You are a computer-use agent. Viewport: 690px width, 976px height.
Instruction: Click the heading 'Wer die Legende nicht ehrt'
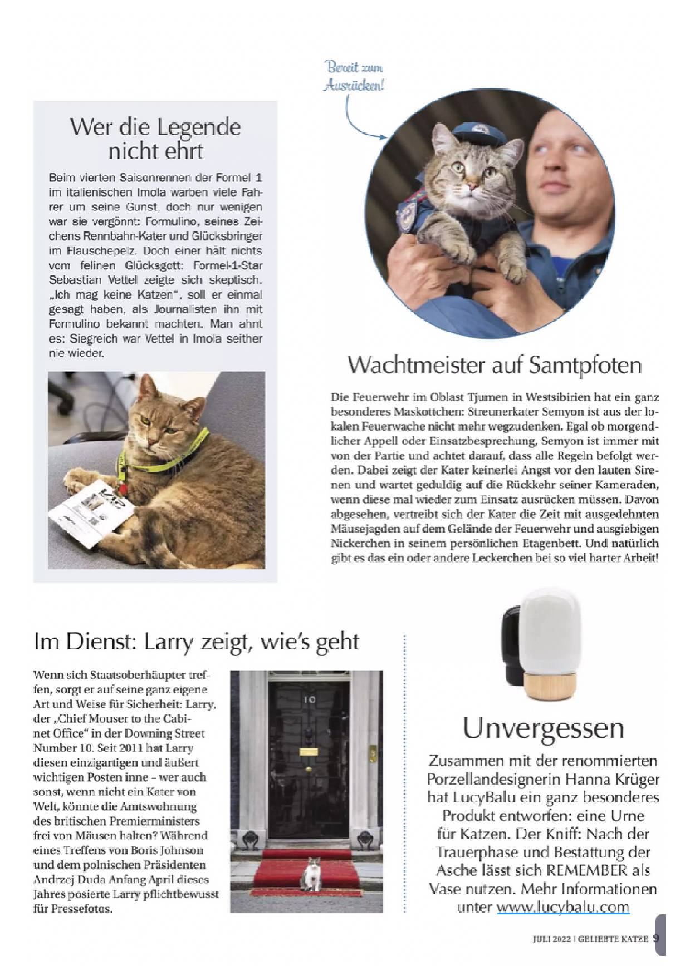(x=155, y=139)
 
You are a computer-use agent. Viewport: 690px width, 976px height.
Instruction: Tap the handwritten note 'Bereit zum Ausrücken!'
(x=354, y=77)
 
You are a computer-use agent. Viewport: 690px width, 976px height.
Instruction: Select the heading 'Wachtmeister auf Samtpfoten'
(x=495, y=365)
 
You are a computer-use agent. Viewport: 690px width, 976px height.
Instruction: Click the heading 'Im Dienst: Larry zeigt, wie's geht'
(x=197, y=641)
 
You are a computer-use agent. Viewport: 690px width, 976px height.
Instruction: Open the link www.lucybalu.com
(x=563, y=906)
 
